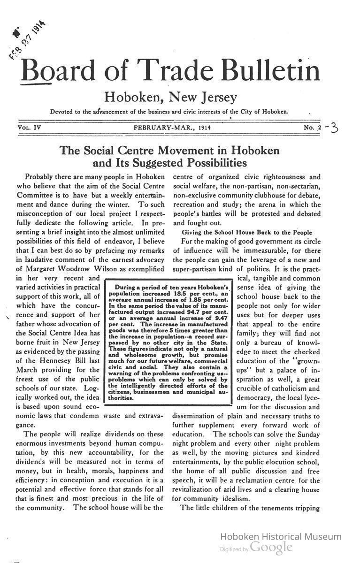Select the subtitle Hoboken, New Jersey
(x=170, y=97)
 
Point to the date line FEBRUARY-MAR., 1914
(x=172, y=128)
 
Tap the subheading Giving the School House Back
(x=246, y=232)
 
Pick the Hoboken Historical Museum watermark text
(x=281, y=537)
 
